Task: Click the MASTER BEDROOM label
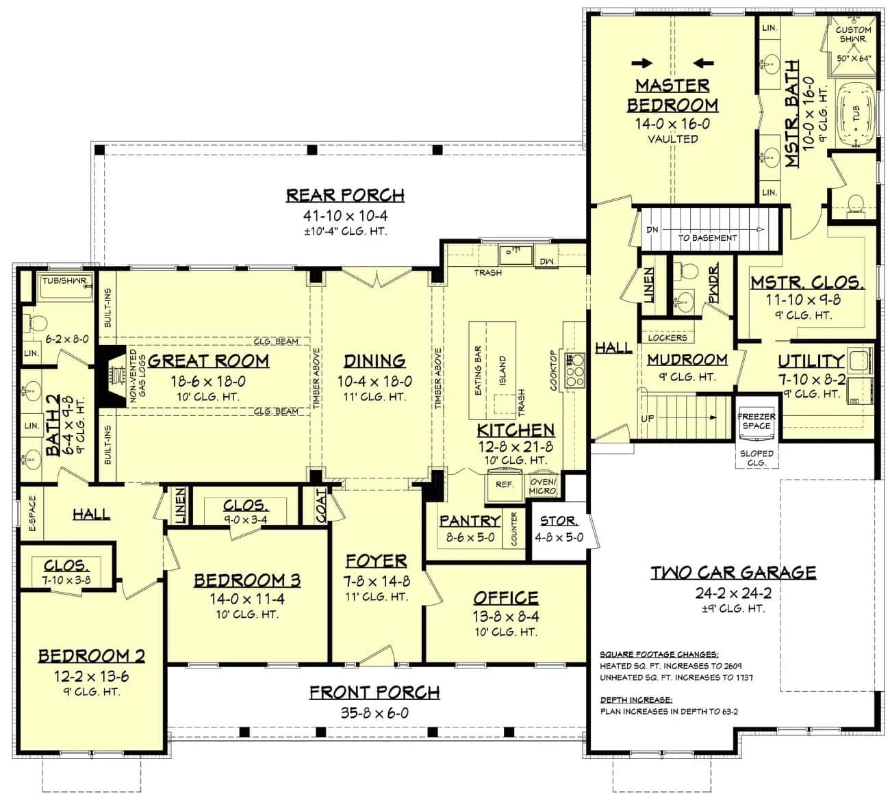[672, 95]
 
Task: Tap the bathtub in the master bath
[853, 114]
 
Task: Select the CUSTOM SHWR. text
[854, 34]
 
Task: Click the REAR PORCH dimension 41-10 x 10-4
[345, 216]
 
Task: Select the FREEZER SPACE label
[756, 421]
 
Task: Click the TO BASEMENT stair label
[707, 237]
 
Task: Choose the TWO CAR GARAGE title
[733, 572]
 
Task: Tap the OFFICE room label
[506, 598]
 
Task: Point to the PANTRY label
[470, 521]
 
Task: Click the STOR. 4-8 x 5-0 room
[559, 529]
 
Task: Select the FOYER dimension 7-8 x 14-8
[376, 580]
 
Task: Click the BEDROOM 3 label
[246, 580]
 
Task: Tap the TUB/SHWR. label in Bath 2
[64, 281]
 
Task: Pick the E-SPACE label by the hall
[32, 513]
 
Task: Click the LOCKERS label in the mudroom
[667, 337]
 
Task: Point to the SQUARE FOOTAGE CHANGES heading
[659, 654]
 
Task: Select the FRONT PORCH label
[374, 693]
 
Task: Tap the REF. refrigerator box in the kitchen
[505, 484]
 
